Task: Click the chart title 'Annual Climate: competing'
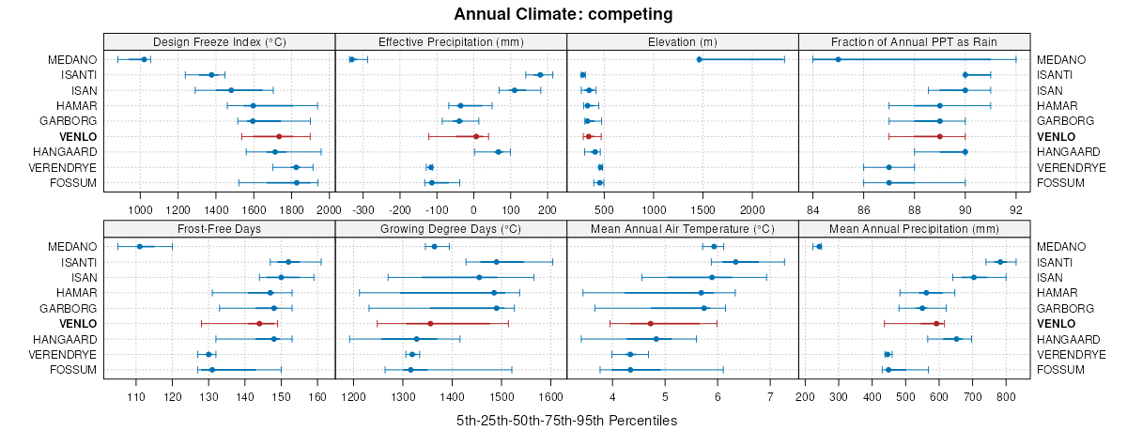(x=563, y=14)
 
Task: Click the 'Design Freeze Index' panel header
(x=219, y=41)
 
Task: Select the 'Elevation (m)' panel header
(x=682, y=41)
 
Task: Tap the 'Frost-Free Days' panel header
(x=219, y=228)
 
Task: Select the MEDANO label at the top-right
(x=1061, y=60)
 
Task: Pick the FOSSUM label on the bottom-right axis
(x=1061, y=370)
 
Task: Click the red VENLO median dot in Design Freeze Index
(x=279, y=136)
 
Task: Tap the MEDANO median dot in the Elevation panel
(x=700, y=60)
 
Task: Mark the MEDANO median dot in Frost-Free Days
(x=140, y=246)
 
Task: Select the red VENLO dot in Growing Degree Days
(x=430, y=323)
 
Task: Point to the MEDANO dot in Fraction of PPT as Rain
(x=838, y=60)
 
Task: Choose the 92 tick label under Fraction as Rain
(x=1015, y=198)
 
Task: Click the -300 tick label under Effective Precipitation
(x=363, y=198)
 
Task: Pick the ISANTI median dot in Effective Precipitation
(x=540, y=75)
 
